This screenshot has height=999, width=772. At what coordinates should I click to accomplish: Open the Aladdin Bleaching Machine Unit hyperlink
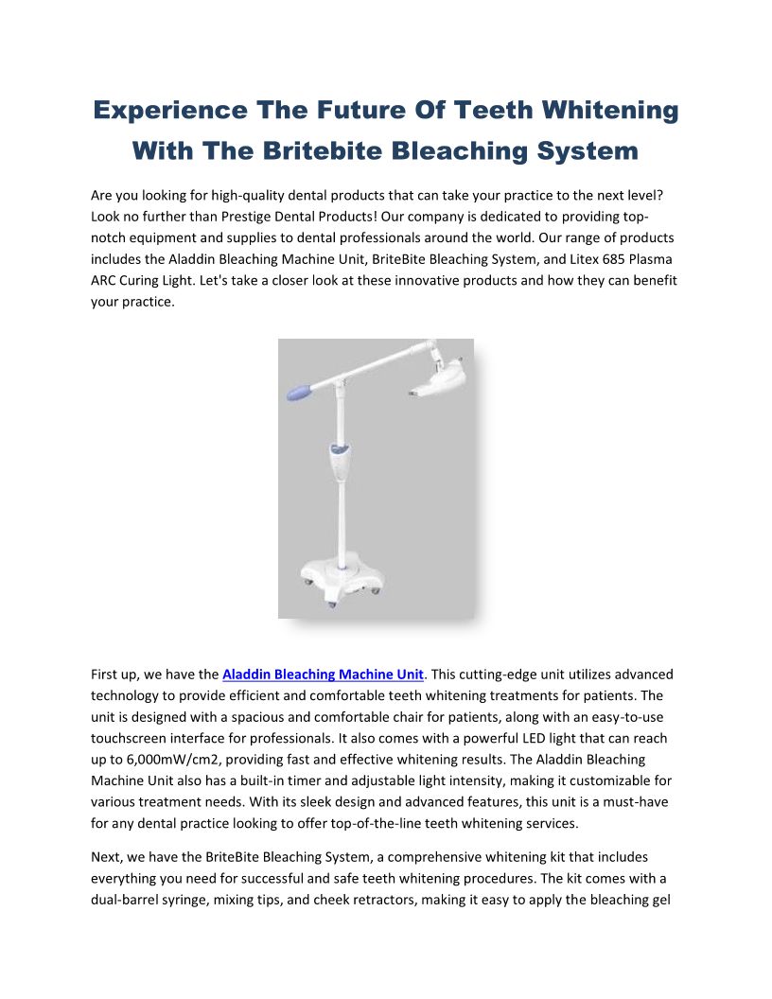323,675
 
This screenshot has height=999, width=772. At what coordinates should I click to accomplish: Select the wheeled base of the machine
337,578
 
